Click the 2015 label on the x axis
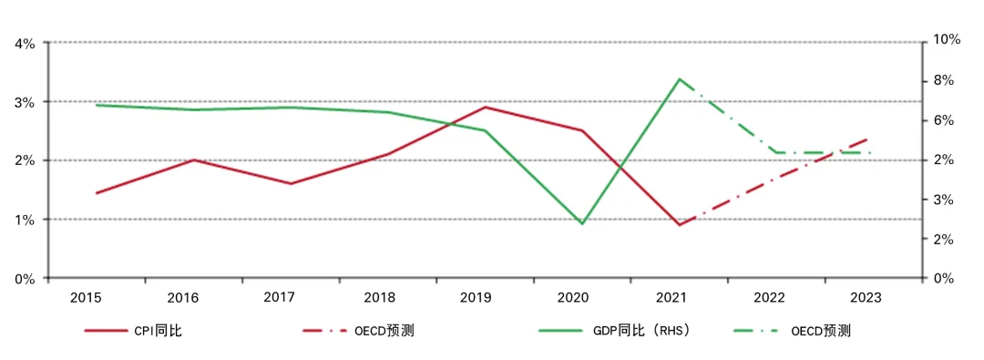click(x=86, y=297)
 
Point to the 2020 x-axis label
click(x=572, y=297)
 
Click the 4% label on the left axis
click(x=25, y=43)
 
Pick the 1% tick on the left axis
click(x=25, y=220)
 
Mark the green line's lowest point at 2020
click(x=582, y=223)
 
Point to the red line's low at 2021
click(x=680, y=225)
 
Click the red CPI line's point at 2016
click(x=194, y=159)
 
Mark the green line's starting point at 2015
click(x=97, y=105)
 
